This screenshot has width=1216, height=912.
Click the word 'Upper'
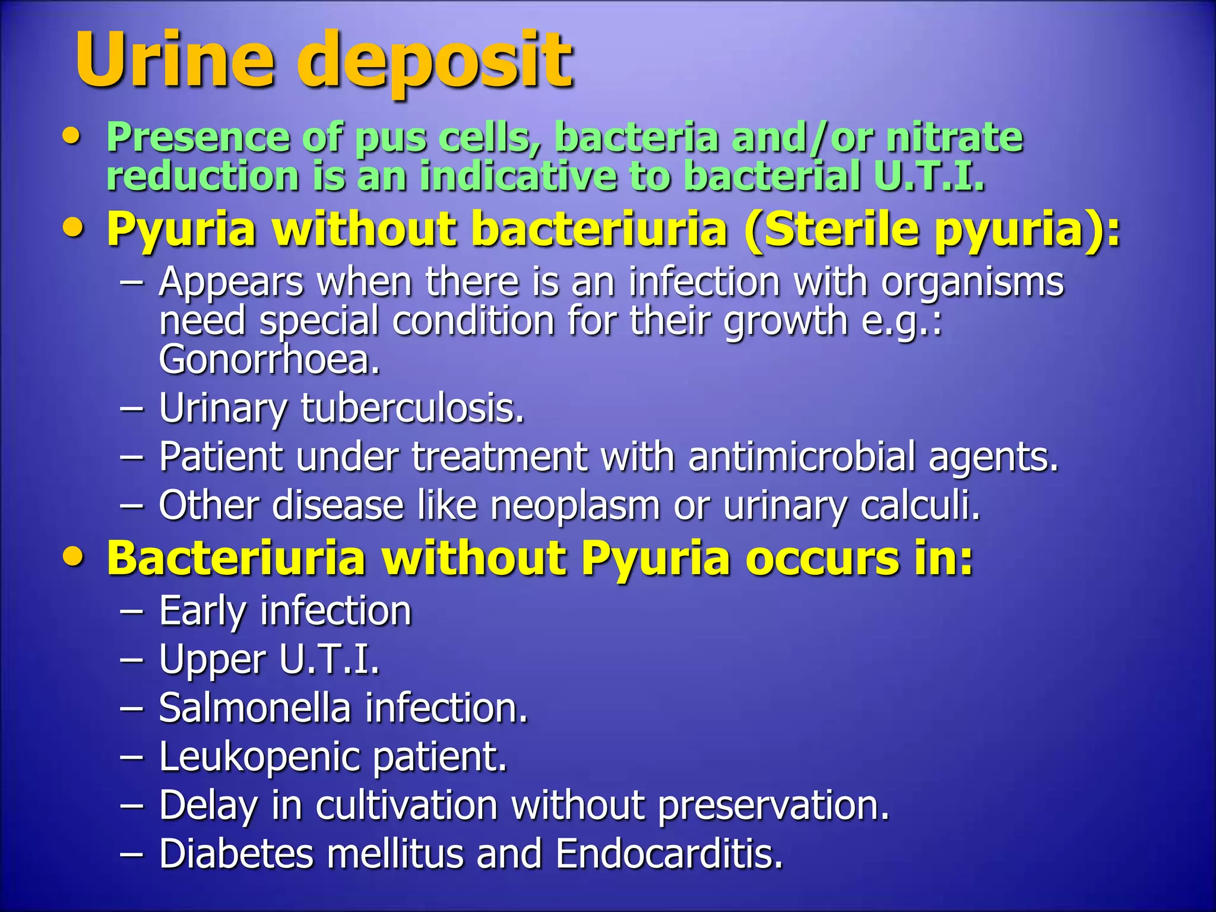click(x=213, y=660)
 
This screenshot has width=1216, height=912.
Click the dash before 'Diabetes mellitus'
click(x=131, y=854)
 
